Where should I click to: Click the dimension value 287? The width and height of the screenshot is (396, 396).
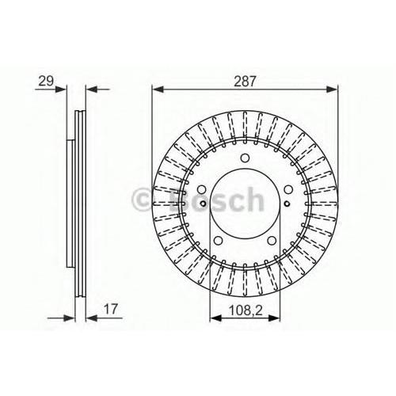[245, 82]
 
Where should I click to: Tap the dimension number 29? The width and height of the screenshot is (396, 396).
[46, 81]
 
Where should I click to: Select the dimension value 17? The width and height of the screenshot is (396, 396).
[110, 309]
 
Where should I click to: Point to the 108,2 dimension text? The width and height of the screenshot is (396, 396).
[246, 310]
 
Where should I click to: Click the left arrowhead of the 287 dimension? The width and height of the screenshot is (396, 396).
[158, 89]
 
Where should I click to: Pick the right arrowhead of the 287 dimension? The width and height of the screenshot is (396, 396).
[332, 89]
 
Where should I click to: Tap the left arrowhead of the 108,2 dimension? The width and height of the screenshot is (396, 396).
[215, 318]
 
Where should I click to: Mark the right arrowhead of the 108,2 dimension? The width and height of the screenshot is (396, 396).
[274, 318]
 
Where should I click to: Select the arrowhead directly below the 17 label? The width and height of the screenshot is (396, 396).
[92, 318]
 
